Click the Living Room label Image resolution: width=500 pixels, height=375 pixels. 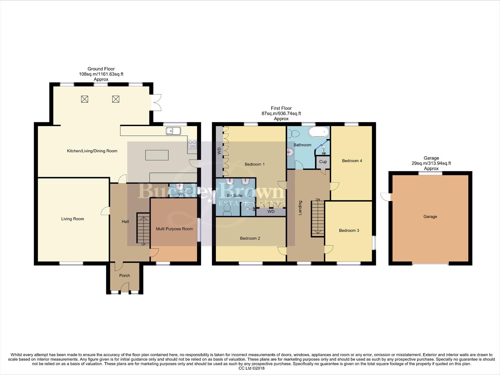73,219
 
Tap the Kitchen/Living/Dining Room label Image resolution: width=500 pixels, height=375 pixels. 92,151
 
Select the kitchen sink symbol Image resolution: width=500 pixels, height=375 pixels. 173,131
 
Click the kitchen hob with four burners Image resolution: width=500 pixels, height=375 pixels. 192,144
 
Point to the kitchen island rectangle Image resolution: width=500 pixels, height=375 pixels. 157,155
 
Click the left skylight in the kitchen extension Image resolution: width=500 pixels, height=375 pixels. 84,99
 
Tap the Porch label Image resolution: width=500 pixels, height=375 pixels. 125,275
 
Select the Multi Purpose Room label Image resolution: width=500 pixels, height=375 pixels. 174,229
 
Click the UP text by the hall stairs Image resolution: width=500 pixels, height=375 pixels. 143,245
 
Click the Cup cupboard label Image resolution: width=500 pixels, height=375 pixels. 323,162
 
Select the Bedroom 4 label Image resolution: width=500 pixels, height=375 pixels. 352,161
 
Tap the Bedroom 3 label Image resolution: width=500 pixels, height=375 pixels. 349,231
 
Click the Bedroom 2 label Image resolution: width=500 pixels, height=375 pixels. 250,238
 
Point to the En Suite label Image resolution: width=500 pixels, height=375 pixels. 235,195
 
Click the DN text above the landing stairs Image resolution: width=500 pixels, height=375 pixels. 317,199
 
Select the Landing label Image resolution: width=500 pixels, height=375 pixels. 300,208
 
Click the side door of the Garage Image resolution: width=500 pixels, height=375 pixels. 385,197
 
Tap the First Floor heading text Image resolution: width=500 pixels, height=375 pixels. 281,108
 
